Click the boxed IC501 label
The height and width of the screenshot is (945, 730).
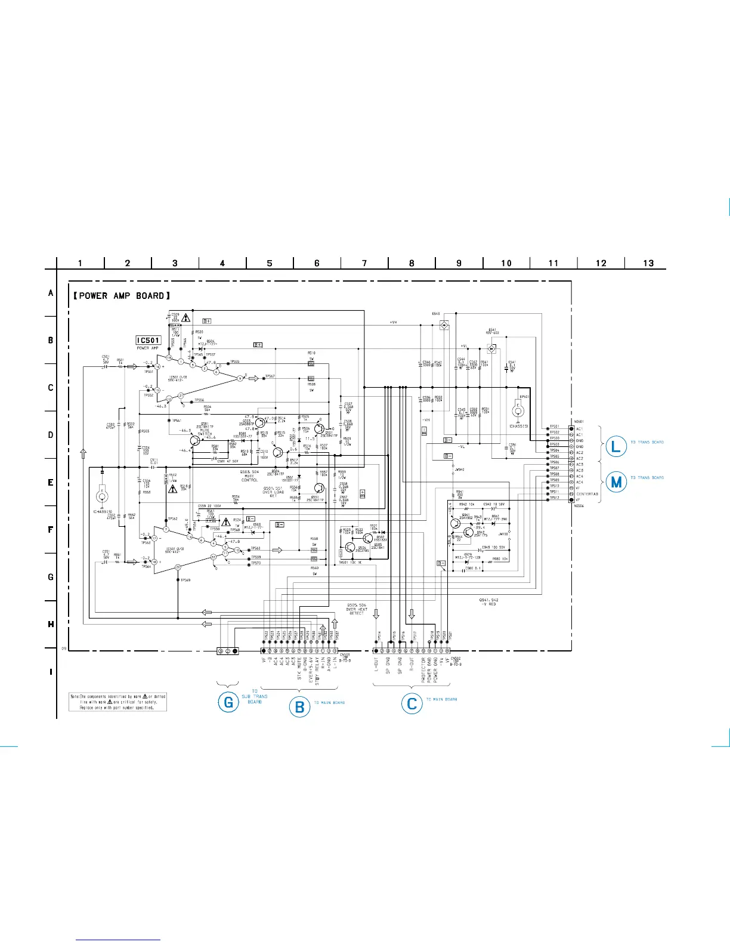click(x=149, y=340)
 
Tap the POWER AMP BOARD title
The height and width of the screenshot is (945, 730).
click(x=122, y=295)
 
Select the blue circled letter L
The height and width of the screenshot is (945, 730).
click(x=617, y=445)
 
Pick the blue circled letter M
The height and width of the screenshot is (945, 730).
click(x=617, y=481)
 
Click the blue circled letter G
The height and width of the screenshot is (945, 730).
click(x=228, y=702)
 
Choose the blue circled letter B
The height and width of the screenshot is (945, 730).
click(x=300, y=707)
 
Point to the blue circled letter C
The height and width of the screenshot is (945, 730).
click(x=412, y=703)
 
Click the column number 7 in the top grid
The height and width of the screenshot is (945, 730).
click(x=364, y=263)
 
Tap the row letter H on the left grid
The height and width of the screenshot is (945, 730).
click(x=51, y=624)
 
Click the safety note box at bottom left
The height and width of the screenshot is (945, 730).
click(x=118, y=702)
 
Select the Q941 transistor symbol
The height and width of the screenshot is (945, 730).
click(x=456, y=524)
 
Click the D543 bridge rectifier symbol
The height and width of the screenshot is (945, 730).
click(x=444, y=325)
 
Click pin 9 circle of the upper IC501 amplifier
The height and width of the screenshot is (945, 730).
click(x=240, y=378)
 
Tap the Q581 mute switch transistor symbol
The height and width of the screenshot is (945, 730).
click(x=195, y=440)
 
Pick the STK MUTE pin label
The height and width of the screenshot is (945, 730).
click(x=299, y=668)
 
